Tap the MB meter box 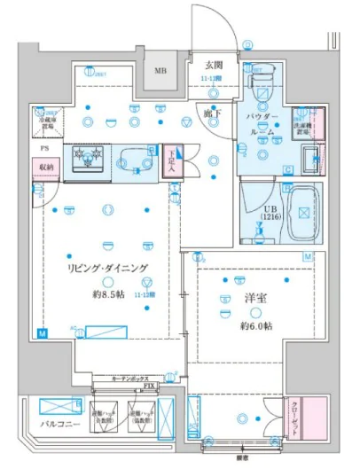161,71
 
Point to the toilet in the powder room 262,90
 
